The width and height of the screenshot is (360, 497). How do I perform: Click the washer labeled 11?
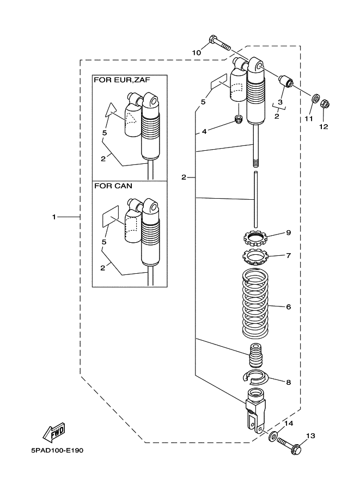pos(315,100)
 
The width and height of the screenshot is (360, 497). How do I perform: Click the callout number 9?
pos(288,232)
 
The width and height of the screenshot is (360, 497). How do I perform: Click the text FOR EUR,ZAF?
pos(122,79)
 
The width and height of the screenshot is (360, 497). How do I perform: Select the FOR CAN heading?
pos(113,186)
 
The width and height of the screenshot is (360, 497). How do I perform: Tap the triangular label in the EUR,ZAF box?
pos(112,111)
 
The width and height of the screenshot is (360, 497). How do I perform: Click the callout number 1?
pos(54,217)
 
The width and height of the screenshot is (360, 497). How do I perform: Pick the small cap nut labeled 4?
pos(237,119)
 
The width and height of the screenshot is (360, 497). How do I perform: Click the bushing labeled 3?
pos(286,82)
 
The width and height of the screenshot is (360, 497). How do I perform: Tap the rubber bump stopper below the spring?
pos(255,357)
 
